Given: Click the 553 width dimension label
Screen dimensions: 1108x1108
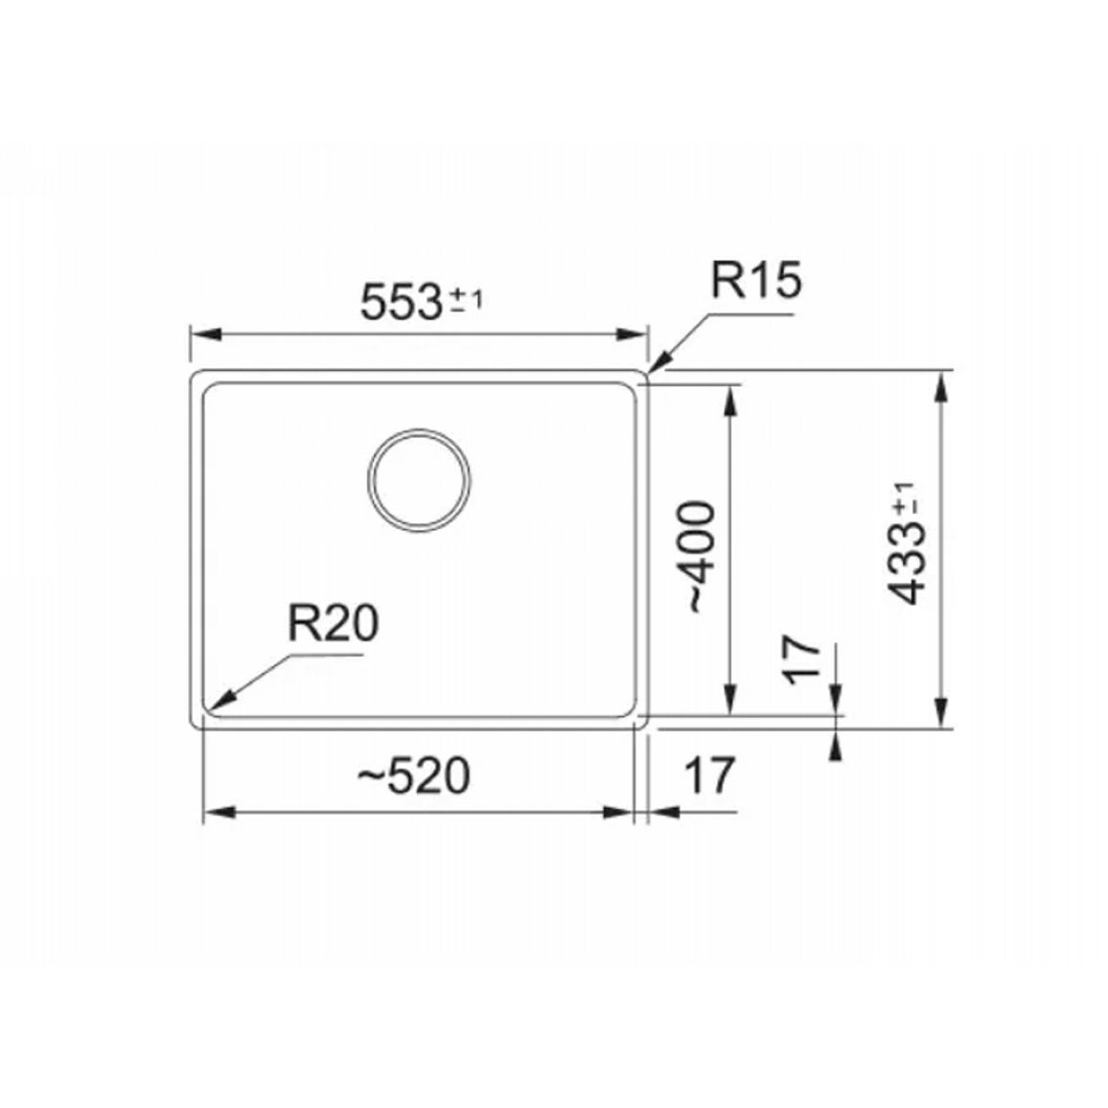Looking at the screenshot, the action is point(402,303).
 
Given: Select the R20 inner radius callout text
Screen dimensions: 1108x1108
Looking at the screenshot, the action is point(333,623).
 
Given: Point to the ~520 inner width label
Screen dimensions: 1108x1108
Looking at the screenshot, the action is point(413,775).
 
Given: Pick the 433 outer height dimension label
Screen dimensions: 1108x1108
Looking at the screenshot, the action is point(906,563).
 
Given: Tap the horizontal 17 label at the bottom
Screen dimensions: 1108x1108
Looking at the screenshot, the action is point(710,775).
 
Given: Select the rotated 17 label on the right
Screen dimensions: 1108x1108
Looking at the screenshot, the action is point(802,660).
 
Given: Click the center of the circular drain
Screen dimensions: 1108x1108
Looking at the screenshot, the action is point(420,480).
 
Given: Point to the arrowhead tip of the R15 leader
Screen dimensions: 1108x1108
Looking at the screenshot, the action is point(649,371).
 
